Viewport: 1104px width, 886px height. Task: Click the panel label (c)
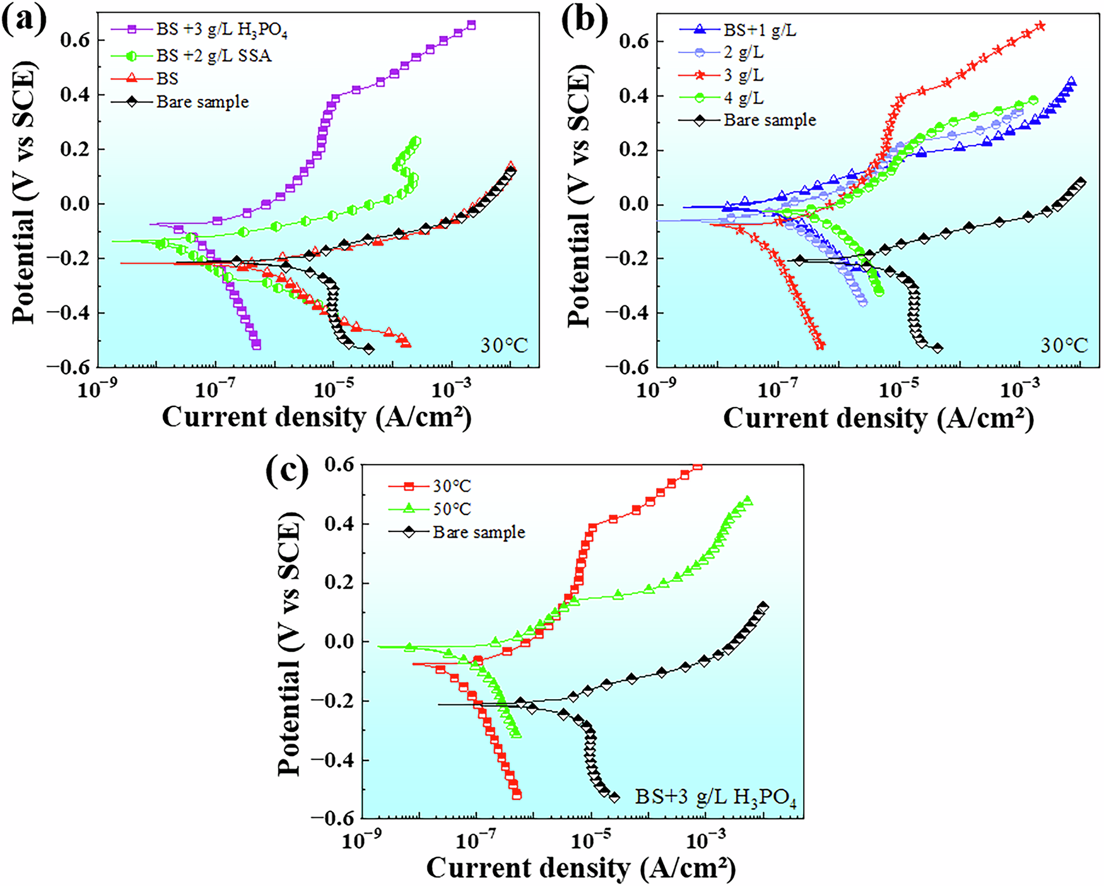click(287, 470)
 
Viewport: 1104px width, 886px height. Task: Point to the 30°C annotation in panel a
click(504, 345)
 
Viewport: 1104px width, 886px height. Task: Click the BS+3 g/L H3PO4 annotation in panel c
click(715, 798)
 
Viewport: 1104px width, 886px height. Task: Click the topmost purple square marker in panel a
click(471, 25)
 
